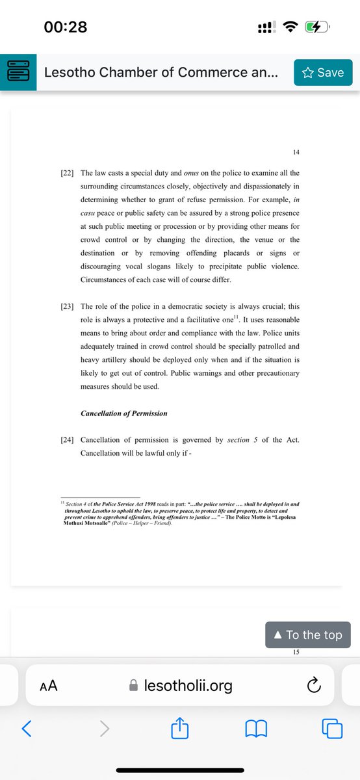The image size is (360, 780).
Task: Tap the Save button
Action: click(323, 73)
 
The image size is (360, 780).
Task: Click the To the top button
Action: click(308, 634)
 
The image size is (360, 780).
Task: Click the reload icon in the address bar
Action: click(313, 684)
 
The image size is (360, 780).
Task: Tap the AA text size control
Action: click(49, 685)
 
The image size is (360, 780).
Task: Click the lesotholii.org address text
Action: click(188, 685)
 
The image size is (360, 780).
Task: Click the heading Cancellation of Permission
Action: click(123, 413)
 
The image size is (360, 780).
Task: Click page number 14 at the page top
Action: click(296, 152)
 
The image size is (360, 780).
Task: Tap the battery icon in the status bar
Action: click(318, 27)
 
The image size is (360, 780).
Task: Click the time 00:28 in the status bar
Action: click(65, 27)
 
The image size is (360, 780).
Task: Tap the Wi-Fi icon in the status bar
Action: click(290, 27)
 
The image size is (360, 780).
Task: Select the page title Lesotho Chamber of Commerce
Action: click(161, 73)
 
